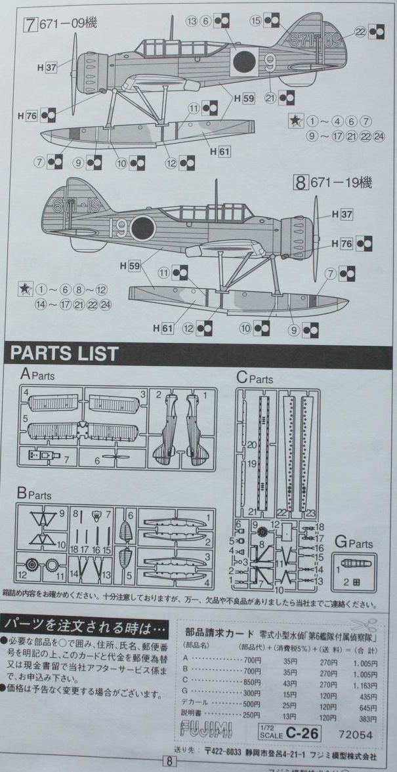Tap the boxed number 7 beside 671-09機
tap(30, 24)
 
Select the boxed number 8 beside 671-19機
tap(301, 183)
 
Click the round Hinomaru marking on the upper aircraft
tap(243, 62)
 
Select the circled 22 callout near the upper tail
tap(360, 31)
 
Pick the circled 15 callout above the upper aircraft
tap(256, 22)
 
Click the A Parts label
tap(37, 375)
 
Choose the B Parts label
tap(34, 492)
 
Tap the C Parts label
tap(255, 378)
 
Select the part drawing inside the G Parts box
tap(354, 564)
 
